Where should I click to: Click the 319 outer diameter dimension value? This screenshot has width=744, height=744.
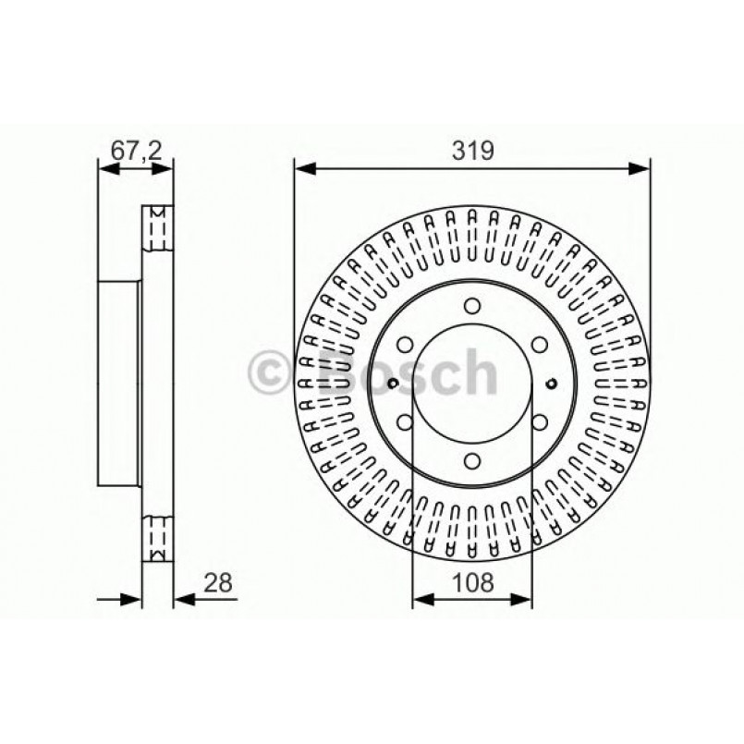[471, 150]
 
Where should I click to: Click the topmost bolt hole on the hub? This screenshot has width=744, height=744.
[471, 306]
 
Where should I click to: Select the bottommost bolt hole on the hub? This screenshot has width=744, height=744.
[471, 462]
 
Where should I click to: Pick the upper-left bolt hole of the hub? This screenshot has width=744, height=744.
[405, 345]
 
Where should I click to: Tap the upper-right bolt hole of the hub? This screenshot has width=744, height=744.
[539, 345]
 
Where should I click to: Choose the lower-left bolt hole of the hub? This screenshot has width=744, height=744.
[405, 423]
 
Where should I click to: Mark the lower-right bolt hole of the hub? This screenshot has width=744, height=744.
[539, 423]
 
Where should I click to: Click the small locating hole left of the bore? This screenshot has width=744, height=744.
[394, 384]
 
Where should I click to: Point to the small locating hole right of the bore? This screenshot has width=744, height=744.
[551, 384]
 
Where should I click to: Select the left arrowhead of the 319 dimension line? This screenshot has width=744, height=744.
[304, 168]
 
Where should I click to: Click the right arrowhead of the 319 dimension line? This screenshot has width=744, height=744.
[640, 168]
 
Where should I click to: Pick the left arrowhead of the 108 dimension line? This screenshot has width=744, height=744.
[421, 600]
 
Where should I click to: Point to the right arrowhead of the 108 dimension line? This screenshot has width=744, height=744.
[523, 600]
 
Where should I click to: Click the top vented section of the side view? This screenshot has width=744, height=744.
[157, 227]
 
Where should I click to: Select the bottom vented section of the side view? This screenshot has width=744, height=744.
[157, 535]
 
